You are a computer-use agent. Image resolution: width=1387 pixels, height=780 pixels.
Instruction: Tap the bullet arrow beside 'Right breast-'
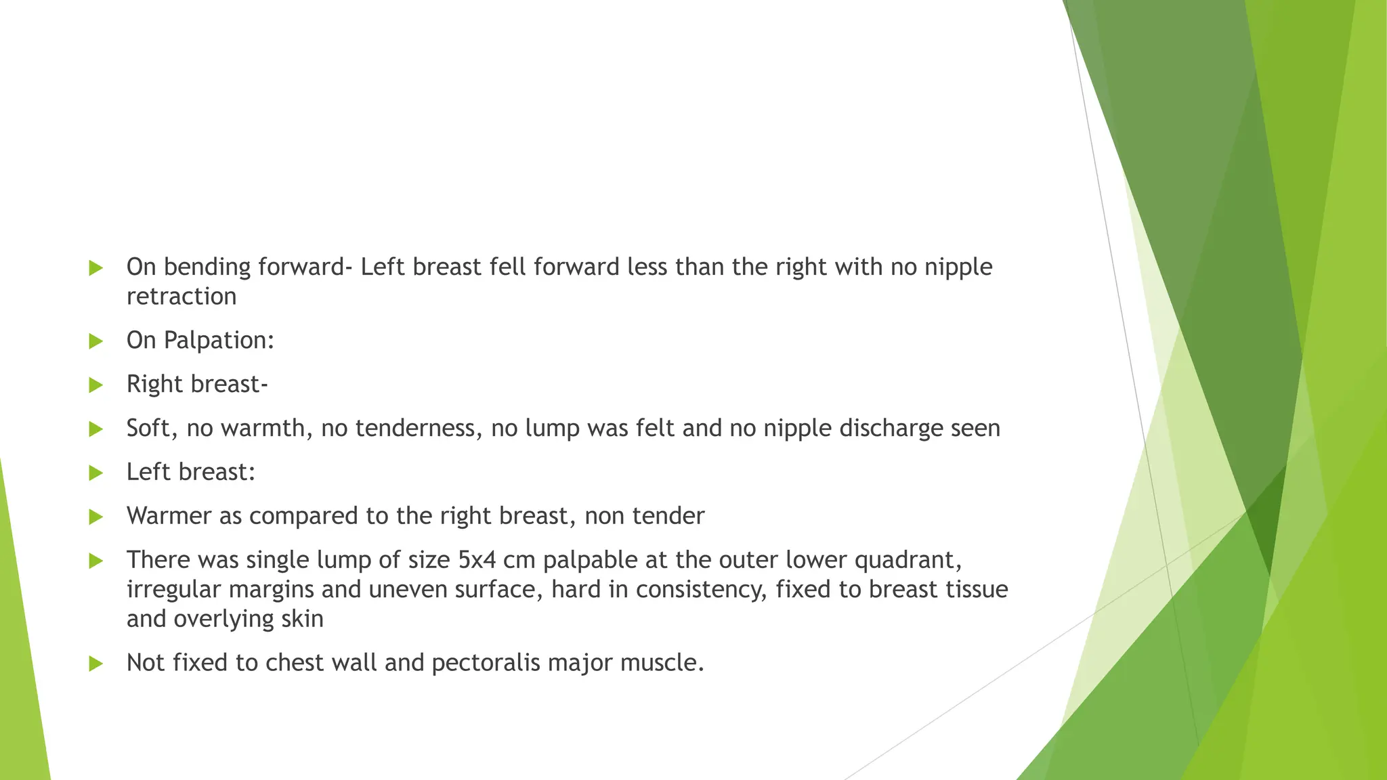pyautogui.click(x=96, y=385)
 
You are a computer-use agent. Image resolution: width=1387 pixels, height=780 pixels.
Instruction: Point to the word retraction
pyautogui.click(x=182, y=297)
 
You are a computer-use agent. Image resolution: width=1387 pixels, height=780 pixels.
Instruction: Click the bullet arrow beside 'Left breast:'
pyautogui.click(x=96, y=473)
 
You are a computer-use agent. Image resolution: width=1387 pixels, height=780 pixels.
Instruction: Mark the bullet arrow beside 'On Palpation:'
pyautogui.click(x=96, y=341)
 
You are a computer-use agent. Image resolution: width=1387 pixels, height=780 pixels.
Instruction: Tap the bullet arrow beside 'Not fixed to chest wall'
pyautogui.click(x=96, y=664)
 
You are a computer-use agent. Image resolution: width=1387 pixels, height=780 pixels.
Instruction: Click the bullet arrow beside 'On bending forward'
pyautogui.click(x=96, y=268)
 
